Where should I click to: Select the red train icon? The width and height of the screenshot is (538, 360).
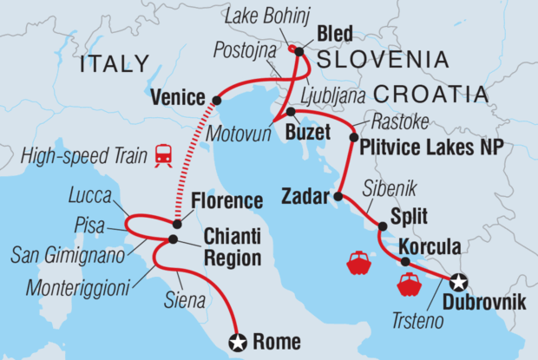click(x=162, y=155)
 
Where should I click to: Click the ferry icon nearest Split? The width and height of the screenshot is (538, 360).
click(x=358, y=262)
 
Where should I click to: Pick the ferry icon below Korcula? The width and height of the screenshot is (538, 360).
click(x=408, y=284)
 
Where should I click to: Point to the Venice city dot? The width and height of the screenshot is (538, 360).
click(x=216, y=101)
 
